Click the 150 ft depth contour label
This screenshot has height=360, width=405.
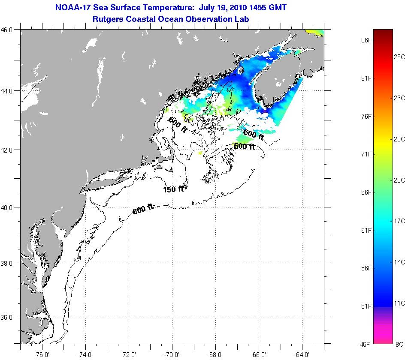173,189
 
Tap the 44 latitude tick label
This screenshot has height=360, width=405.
9,91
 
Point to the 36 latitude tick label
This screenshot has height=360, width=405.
9,317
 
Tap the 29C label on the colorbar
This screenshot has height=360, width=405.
399,57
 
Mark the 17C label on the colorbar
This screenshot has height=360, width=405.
399,221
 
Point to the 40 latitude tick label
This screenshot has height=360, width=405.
9,207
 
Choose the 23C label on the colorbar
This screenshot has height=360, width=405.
399,139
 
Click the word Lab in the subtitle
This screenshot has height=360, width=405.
242,19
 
